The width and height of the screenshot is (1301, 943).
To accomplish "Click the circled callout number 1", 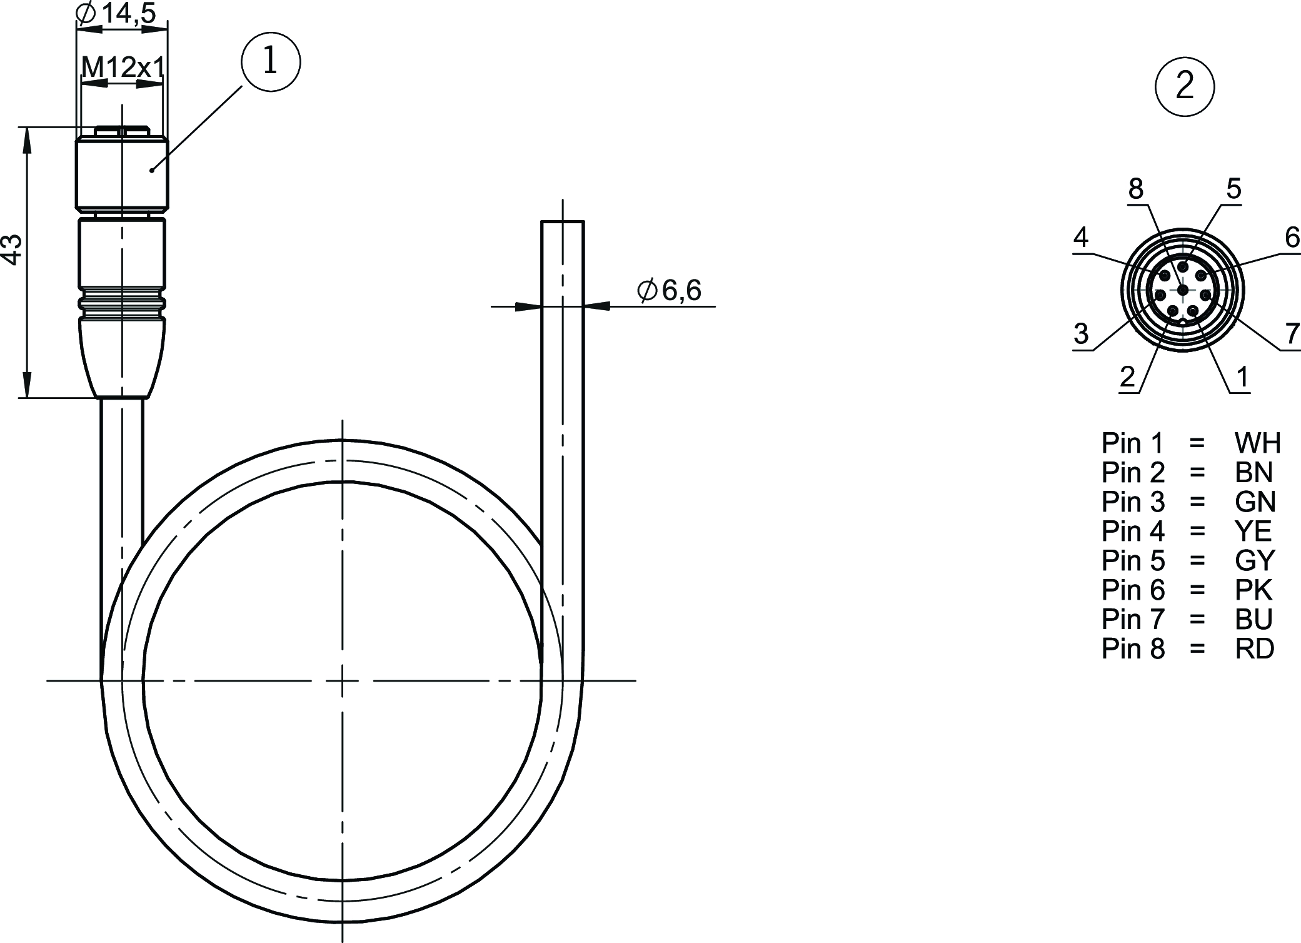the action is (x=271, y=62).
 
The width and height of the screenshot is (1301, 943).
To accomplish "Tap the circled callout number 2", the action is (x=1185, y=86).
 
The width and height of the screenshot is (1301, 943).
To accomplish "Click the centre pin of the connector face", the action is (x=1182, y=290).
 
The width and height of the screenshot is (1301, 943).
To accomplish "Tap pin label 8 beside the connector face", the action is (x=1136, y=188).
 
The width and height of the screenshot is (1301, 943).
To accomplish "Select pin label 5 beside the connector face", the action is (x=1233, y=188).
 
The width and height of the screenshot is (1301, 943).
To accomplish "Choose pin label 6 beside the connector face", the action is (x=1292, y=238).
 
